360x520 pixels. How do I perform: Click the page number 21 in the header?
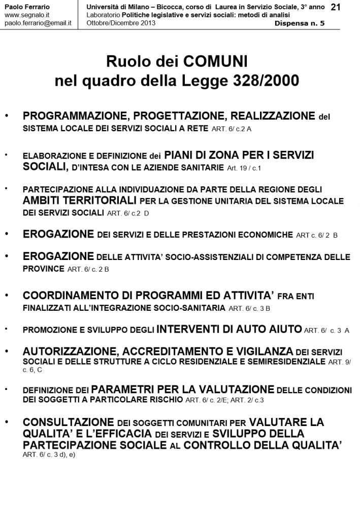click(336, 7)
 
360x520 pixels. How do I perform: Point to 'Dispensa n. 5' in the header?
click(300, 23)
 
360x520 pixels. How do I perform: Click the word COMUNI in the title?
click(219, 62)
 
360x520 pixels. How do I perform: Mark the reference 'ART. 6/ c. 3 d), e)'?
click(49, 454)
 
